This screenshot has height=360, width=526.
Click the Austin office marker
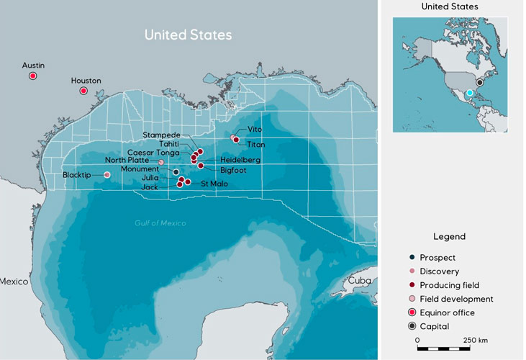click(x=32, y=76)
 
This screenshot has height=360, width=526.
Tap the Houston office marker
click(x=83, y=91)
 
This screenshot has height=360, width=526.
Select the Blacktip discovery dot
click(x=107, y=175)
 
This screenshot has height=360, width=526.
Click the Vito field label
click(x=255, y=129)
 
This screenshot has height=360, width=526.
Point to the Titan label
click(x=255, y=145)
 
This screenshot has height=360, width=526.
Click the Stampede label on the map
click(x=161, y=135)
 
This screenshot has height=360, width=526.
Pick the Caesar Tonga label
click(x=153, y=153)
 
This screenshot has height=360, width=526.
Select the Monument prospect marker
click(x=176, y=171)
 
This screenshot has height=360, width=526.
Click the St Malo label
click(x=214, y=184)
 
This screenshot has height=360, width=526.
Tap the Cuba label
click(x=359, y=281)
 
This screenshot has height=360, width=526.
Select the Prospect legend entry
click(x=437, y=258)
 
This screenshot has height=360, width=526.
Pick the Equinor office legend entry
click(x=447, y=312)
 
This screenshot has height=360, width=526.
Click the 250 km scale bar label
click(x=476, y=340)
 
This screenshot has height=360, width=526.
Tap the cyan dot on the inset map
click(x=468, y=93)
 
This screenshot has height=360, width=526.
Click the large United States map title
click(x=188, y=35)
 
